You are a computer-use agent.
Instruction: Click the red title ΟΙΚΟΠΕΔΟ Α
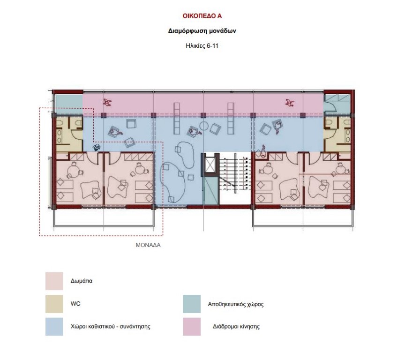202,16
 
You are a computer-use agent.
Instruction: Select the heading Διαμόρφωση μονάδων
202,31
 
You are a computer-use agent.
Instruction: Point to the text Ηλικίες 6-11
202,46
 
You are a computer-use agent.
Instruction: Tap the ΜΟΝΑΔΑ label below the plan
148,245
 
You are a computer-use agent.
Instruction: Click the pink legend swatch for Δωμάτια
54,281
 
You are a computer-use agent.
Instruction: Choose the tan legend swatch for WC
54,304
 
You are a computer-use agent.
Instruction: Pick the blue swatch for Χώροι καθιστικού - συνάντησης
54,326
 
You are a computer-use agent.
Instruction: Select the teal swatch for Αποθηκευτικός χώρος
192,304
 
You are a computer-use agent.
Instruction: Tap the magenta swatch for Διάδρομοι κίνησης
192,327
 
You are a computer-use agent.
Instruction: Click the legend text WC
75,303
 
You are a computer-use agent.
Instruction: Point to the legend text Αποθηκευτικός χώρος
236,304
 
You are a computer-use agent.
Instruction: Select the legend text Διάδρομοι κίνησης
236,326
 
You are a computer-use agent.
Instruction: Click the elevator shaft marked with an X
210,165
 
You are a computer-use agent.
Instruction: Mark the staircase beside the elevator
235,173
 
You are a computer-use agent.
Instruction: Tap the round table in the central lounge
204,126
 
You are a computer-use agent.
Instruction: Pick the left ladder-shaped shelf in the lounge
177,119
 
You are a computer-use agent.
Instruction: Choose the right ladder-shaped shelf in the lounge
231,119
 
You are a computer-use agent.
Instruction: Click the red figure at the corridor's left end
107,102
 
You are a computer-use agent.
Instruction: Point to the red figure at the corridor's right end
290,103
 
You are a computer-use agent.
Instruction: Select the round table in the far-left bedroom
73,171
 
